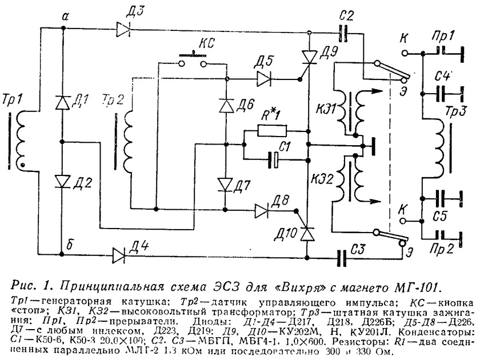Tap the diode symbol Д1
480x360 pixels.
click(x=62, y=102)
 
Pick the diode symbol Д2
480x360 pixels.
click(x=62, y=181)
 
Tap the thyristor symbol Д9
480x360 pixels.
click(x=309, y=55)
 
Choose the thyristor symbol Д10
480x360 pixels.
click(x=308, y=233)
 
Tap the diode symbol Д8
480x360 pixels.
click(x=262, y=210)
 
